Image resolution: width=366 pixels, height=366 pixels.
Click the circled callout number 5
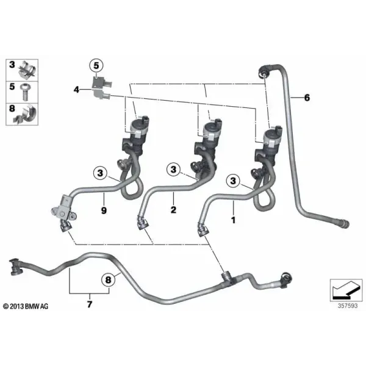pyautogui.click(x=96, y=66)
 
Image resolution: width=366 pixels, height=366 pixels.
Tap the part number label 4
pyautogui.click(x=77, y=90)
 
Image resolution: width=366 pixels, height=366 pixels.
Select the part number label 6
pyautogui.click(x=307, y=98)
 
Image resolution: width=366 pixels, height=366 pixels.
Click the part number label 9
pyautogui.click(x=104, y=210)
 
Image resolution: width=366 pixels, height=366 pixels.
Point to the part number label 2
pyautogui.click(x=173, y=210)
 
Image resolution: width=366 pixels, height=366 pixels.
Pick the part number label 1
pyautogui.click(x=233, y=220)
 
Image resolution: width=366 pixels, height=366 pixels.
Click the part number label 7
pyautogui.click(x=90, y=304)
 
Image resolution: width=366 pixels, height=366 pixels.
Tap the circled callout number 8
pyautogui.click(x=109, y=279)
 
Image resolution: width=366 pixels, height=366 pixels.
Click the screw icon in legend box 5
pyautogui.click(x=25, y=92)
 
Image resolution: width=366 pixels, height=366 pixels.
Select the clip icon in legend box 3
pyautogui.click(x=27, y=70)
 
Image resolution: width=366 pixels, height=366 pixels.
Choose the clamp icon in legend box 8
pyautogui.click(x=26, y=115)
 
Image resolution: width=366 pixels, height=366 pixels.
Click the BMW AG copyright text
pyautogui.click(x=26, y=306)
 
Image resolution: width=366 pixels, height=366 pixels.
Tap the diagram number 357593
pyautogui.click(x=348, y=306)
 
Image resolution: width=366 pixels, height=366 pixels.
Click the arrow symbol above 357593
pyautogui.click(x=346, y=290)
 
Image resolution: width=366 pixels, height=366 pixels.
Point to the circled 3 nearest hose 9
pyautogui.click(x=100, y=173)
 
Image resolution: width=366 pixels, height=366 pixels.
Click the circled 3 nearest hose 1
pyautogui.click(x=233, y=181)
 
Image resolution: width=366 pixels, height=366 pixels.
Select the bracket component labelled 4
pyautogui.click(x=101, y=88)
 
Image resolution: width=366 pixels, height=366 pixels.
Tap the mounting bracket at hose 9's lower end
pyautogui.click(x=63, y=210)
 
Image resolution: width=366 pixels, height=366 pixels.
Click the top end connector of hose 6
pyautogui.click(x=264, y=71)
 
